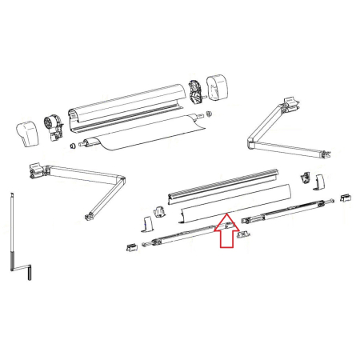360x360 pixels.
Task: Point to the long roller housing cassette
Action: tap(128, 108)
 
